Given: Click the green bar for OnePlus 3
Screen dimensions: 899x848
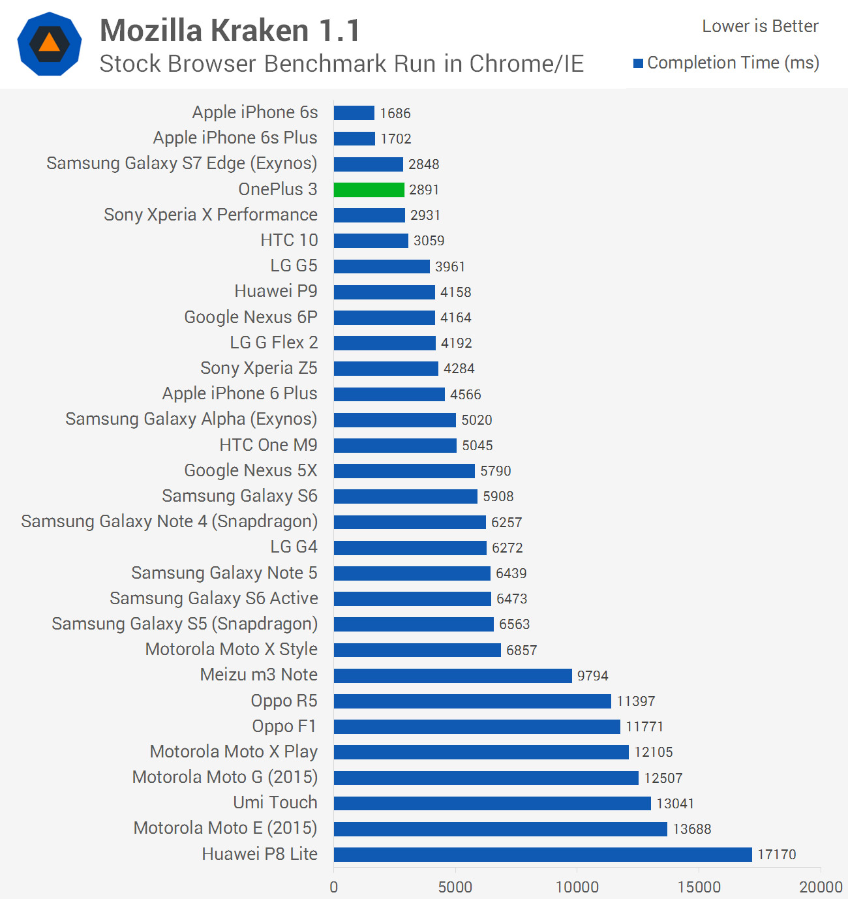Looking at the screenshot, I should pyautogui.click(x=369, y=189).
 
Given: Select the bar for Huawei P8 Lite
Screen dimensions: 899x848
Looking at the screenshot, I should pyautogui.click(x=542, y=854).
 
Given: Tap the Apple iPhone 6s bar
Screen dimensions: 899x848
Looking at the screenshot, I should pyautogui.click(x=354, y=113).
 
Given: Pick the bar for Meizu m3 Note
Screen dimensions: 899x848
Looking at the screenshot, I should pyautogui.click(x=452, y=675).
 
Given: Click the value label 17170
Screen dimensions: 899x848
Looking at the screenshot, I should pyautogui.click(x=776, y=855).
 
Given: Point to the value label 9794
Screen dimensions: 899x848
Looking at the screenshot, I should pyautogui.click(x=592, y=676).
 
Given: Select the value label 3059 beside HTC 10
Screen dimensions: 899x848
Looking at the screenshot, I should pyautogui.click(x=429, y=241).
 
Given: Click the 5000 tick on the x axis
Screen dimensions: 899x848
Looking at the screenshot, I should pyautogui.click(x=455, y=887).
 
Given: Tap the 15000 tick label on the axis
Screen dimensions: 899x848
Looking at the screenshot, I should pyautogui.click(x=699, y=887).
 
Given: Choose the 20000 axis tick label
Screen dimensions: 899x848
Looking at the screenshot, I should pyautogui.click(x=821, y=887).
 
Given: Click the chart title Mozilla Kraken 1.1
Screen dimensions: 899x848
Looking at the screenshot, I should pyautogui.click(x=230, y=31).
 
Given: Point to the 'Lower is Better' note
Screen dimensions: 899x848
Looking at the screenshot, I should pyautogui.click(x=760, y=26).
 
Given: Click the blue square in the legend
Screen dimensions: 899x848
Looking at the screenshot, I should pyautogui.click(x=639, y=63).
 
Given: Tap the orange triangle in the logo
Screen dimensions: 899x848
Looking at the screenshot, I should pyautogui.click(x=50, y=43).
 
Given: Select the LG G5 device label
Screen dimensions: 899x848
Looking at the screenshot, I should pyautogui.click(x=294, y=266).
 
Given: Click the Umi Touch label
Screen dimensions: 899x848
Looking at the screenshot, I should pyautogui.click(x=275, y=802).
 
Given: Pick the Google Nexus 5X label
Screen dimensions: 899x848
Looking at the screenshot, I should pyautogui.click(x=250, y=470).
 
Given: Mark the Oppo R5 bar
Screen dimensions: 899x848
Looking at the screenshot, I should pyautogui.click(x=472, y=701).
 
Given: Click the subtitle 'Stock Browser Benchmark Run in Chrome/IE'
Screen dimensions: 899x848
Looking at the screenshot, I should pyautogui.click(x=341, y=63).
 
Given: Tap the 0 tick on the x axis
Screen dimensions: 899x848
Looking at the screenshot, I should pyautogui.click(x=334, y=887).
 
